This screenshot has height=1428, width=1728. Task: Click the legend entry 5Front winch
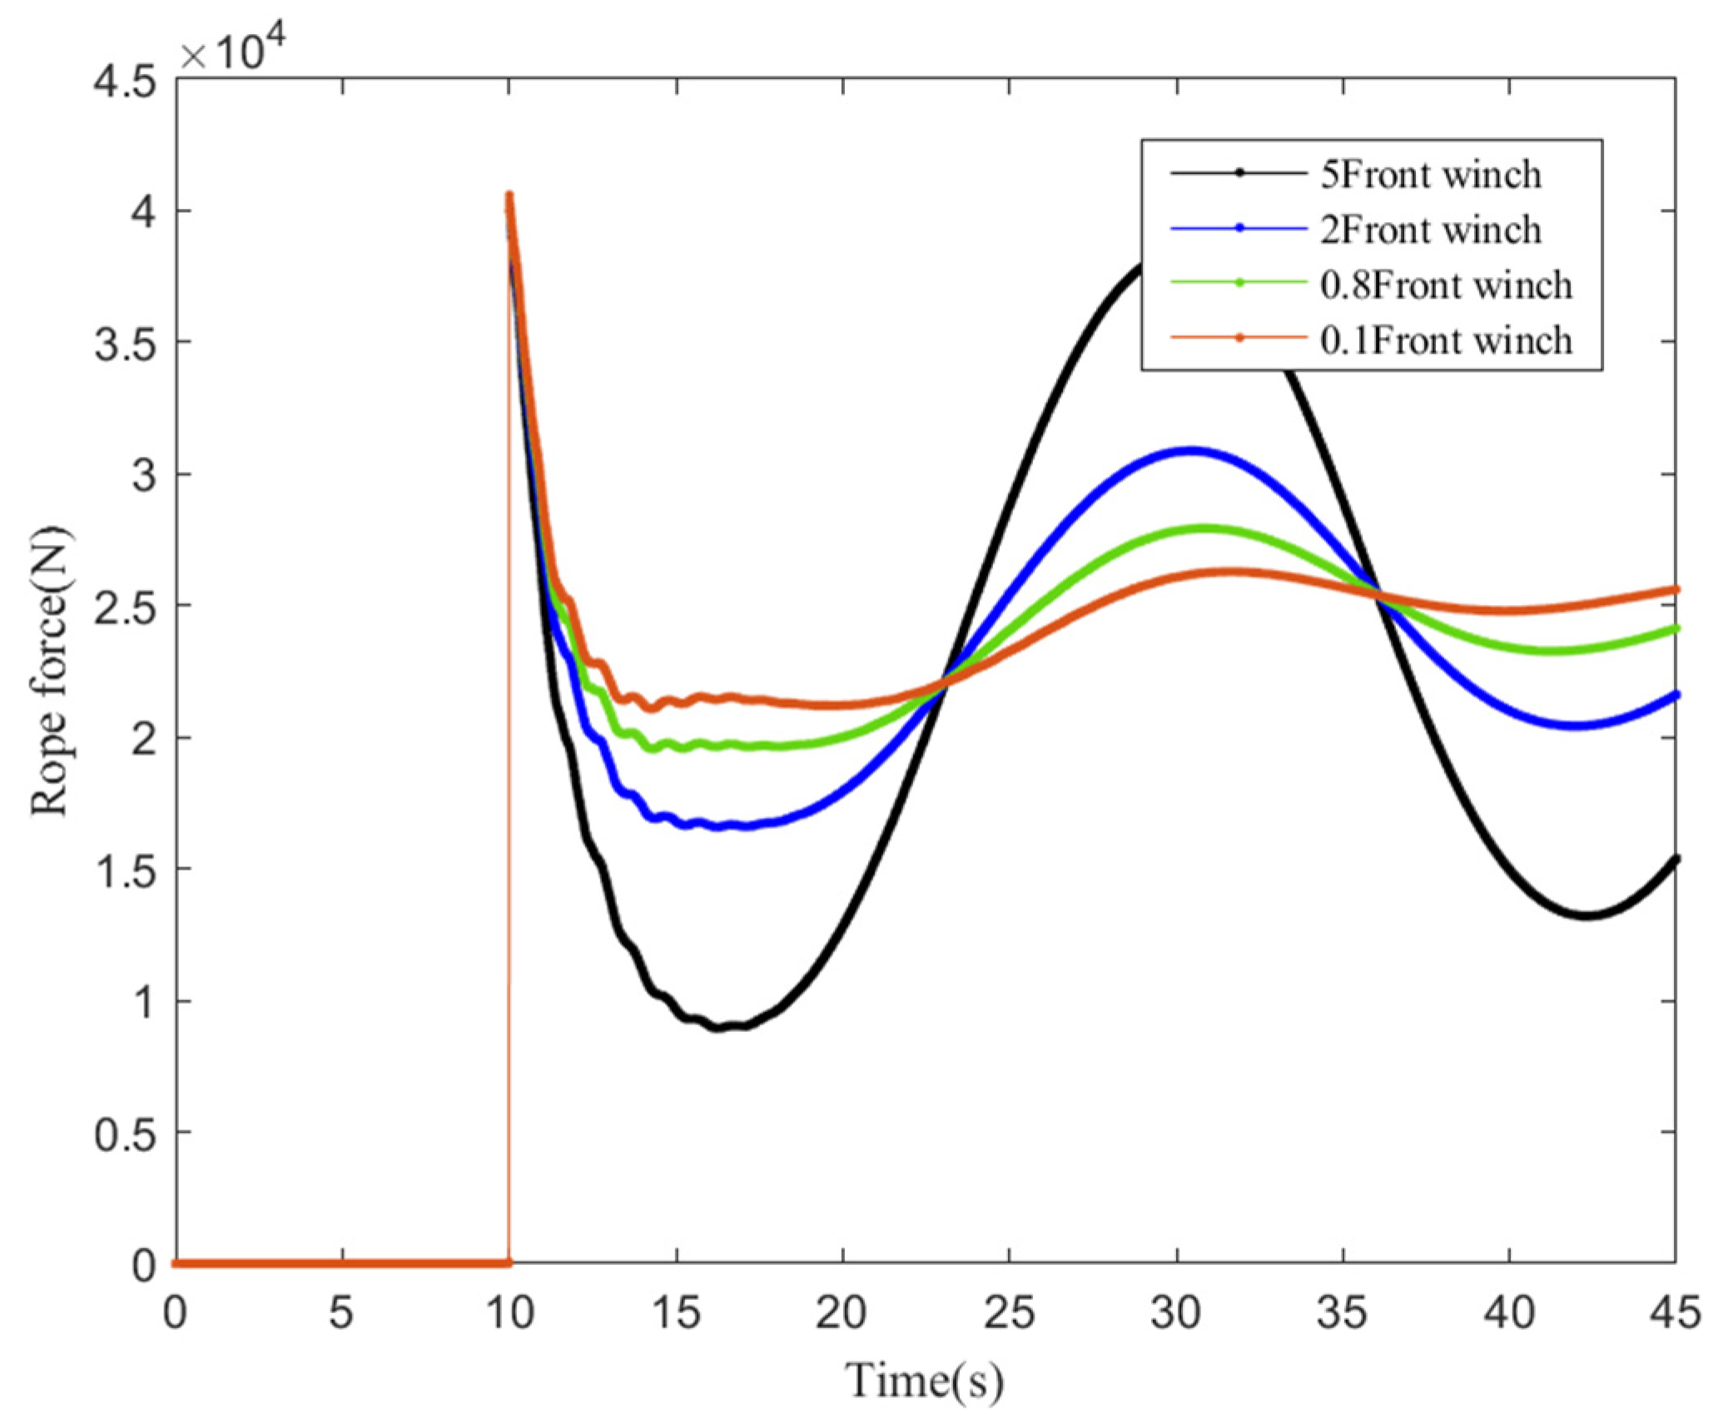click(x=1429, y=175)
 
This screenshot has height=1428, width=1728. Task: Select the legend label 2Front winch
click(x=1429, y=230)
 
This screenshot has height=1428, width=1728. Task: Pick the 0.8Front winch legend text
click(x=1445, y=285)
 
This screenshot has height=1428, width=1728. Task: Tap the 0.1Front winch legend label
click(x=1445, y=340)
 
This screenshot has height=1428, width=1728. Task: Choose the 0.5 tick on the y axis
click(x=125, y=1134)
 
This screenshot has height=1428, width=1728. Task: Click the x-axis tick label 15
click(x=676, y=1312)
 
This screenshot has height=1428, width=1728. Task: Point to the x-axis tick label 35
click(x=1342, y=1312)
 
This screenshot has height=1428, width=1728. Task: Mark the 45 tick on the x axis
click(x=1675, y=1312)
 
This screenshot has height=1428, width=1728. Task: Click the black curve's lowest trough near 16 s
click(x=718, y=1029)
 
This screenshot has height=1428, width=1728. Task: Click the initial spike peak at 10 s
click(x=509, y=196)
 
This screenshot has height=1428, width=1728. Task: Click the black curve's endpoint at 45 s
click(x=1675, y=858)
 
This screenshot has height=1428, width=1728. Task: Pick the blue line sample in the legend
click(x=1239, y=228)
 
